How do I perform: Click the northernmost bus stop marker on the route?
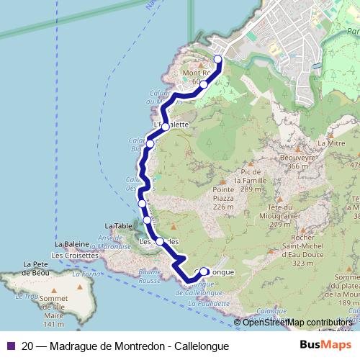pyautogui.click(x=218, y=59)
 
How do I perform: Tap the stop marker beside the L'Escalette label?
pyautogui.click(x=166, y=127)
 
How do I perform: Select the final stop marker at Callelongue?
pyautogui.click(x=204, y=271)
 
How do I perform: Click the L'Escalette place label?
pyautogui.click(x=171, y=125)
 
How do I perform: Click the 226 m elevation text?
pyautogui.click(x=224, y=207)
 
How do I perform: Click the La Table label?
pyautogui.click(x=119, y=226)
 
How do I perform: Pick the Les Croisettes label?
pyautogui.click(x=74, y=255)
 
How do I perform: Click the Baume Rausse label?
pyautogui.click(x=149, y=276)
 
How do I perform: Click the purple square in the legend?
pyautogui.click(x=10, y=346)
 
